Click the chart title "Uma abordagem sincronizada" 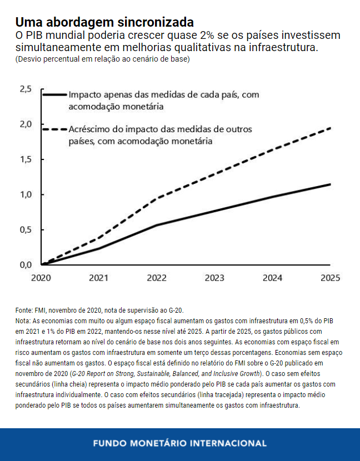point(104,23)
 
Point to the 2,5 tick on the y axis point(26,89)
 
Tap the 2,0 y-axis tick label point(26,124)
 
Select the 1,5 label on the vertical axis point(26,159)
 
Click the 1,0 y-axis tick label point(26,194)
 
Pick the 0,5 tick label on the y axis point(26,229)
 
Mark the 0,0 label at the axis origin point(26,264)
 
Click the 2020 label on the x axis point(41,277)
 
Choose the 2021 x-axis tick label point(99,277)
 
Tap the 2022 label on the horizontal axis point(157,277)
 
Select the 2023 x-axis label point(214,277)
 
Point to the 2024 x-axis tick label point(272,277)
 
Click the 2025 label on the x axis point(330,277)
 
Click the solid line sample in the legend point(54,95)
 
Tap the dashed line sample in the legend point(54,129)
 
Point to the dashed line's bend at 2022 point(157,198)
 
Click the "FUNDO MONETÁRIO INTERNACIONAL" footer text point(179,443)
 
